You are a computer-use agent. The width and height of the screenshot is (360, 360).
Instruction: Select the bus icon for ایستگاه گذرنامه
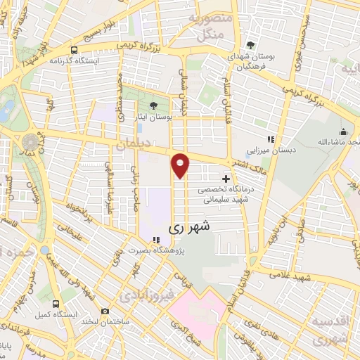point(74,50)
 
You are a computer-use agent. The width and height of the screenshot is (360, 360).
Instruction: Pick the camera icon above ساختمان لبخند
point(105,311)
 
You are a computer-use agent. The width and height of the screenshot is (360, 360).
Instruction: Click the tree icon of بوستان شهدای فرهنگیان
point(252,44)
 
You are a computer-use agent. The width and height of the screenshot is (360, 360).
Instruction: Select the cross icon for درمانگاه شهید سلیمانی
point(225,179)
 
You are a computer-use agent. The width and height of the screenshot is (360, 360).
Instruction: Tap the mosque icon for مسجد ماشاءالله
point(343,131)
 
